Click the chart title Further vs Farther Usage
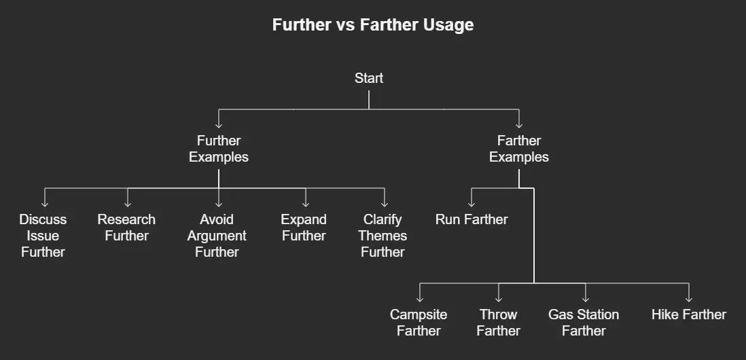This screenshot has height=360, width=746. (x=372, y=25)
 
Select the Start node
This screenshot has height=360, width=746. (x=369, y=78)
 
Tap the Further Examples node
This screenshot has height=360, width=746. (x=219, y=149)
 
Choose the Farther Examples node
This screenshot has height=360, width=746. (x=519, y=149)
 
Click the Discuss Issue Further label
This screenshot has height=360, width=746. (x=43, y=236)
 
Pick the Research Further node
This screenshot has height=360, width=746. (x=126, y=228)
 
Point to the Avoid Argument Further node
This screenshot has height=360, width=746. (x=217, y=236)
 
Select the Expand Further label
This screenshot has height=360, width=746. (x=304, y=228)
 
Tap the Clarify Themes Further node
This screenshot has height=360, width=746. (x=383, y=236)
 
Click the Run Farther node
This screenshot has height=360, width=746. (x=472, y=219)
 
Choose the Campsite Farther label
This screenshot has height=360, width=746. (x=419, y=323)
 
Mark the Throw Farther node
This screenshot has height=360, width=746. (x=498, y=323)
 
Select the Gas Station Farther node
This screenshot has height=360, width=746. (x=584, y=323)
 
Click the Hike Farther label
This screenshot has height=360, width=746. (x=688, y=314)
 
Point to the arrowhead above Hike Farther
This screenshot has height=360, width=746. (x=688, y=298)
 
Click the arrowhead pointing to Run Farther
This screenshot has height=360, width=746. (x=472, y=203)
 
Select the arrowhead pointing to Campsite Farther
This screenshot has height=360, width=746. (x=420, y=298)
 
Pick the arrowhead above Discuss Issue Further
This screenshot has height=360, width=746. (x=45, y=203)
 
